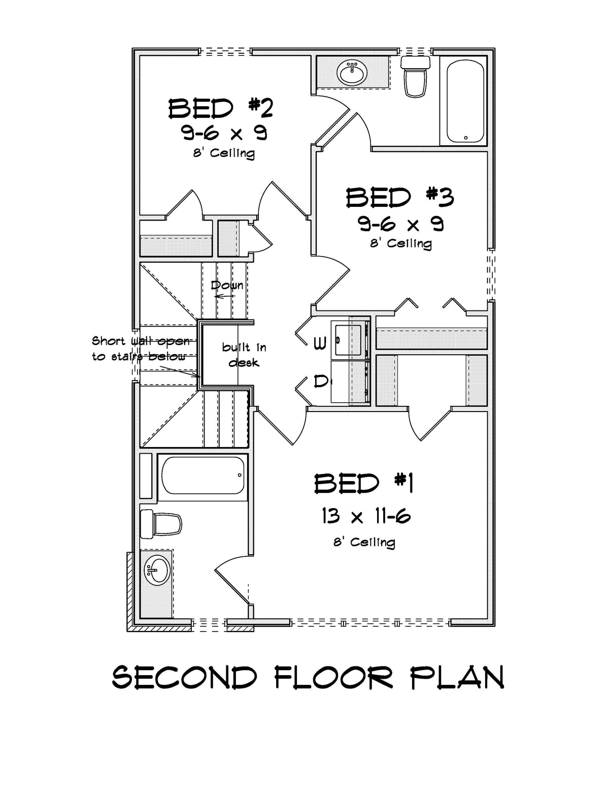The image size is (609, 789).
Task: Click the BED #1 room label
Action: (x=363, y=483)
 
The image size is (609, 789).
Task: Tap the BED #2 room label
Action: (x=221, y=108)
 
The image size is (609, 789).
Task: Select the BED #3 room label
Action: (x=399, y=198)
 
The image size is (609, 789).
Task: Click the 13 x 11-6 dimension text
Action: (x=365, y=517)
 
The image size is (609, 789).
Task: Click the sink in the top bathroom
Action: (x=352, y=73)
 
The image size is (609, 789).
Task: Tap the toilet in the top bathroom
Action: (x=416, y=76)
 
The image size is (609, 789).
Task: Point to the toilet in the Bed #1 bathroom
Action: (x=161, y=524)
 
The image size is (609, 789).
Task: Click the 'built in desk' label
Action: (x=244, y=355)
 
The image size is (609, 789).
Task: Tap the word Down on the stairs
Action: (x=226, y=285)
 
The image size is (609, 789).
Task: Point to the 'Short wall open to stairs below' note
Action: (x=141, y=349)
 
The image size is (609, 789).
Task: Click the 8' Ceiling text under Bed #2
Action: (x=223, y=152)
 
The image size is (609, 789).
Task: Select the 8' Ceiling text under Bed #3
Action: (x=400, y=243)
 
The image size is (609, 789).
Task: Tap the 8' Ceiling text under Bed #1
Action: (x=364, y=542)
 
